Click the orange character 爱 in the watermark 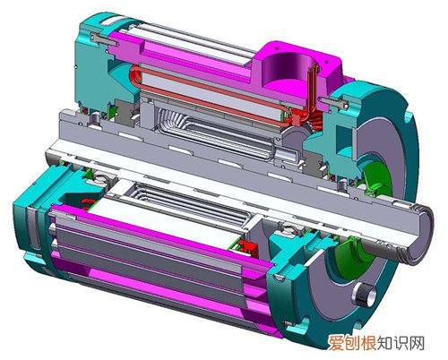tap(336, 343)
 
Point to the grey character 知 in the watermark tap(384, 343)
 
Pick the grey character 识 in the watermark tap(401, 343)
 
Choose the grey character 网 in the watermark tap(417, 343)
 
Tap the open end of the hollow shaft tap(420, 236)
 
